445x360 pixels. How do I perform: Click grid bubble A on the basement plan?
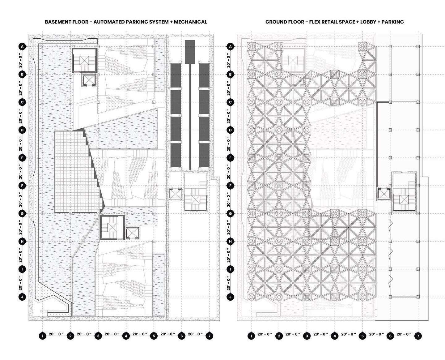point(22,47)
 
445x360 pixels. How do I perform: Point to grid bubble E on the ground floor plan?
point(230,158)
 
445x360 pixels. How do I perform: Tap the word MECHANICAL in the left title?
point(190,22)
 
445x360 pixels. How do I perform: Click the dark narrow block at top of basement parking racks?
point(190,52)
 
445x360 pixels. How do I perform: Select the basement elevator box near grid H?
point(132,233)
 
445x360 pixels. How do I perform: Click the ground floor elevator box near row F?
point(383,194)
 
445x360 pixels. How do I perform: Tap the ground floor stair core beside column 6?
point(404,199)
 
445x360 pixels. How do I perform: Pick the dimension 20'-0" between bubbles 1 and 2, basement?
point(56,334)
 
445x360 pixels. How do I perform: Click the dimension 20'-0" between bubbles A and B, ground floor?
point(228,60)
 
